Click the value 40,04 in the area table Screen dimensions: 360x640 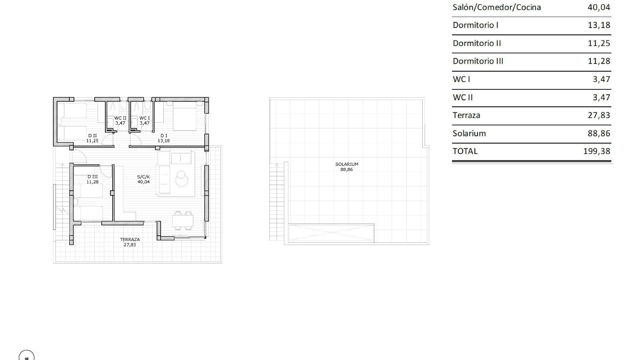(x=599, y=7)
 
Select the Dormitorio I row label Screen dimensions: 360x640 (x=475, y=25)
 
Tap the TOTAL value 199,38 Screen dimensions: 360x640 (x=597, y=151)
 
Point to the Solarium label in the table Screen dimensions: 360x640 (x=469, y=133)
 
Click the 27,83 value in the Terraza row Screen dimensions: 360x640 (x=599, y=115)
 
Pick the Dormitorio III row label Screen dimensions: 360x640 (x=478, y=61)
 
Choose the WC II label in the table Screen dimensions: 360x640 (x=463, y=97)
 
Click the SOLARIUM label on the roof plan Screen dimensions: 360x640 (x=347, y=164)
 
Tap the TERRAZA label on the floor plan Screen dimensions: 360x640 (x=130, y=239)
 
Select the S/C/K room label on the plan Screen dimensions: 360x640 (x=143, y=177)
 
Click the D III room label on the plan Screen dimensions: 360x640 (x=92, y=177)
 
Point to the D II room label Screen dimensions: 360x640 (x=92, y=136)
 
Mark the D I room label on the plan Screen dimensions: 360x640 (x=164, y=136)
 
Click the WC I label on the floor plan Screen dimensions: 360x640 (x=144, y=118)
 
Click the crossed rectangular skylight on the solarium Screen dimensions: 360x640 (x=331, y=232)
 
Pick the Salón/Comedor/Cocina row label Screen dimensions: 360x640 (x=496, y=7)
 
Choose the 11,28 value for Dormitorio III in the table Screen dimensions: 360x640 (x=599, y=61)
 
